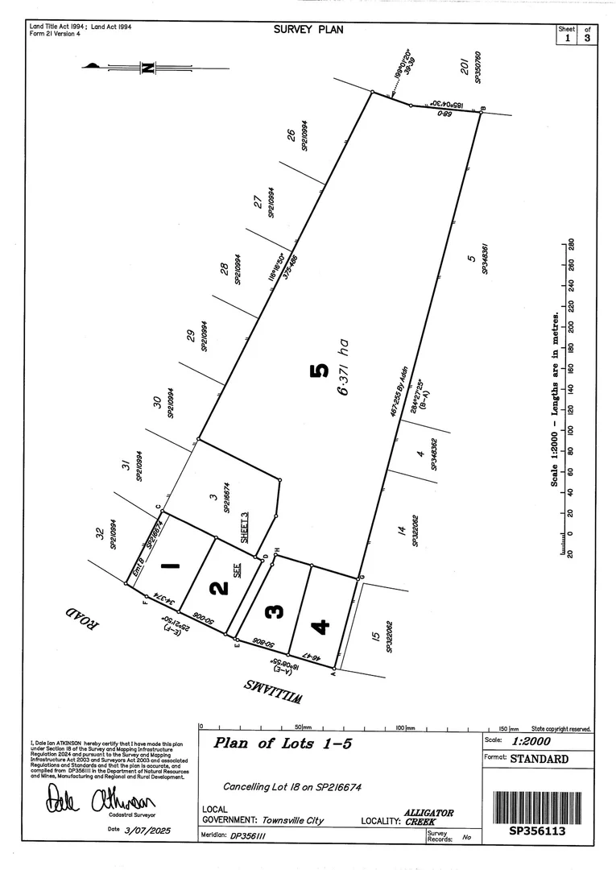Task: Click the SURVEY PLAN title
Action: point(308,30)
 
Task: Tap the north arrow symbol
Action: point(147,68)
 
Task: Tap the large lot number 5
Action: point(320,371)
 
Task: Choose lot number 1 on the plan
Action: point(169,565)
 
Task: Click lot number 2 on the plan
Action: point(218,589)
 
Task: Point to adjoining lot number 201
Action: point(465,66)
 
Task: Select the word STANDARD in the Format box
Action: point(539,759)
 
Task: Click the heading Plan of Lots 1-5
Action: point(282,744)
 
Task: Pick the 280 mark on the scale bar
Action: point(571,245)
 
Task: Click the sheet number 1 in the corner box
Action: point(568,38)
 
